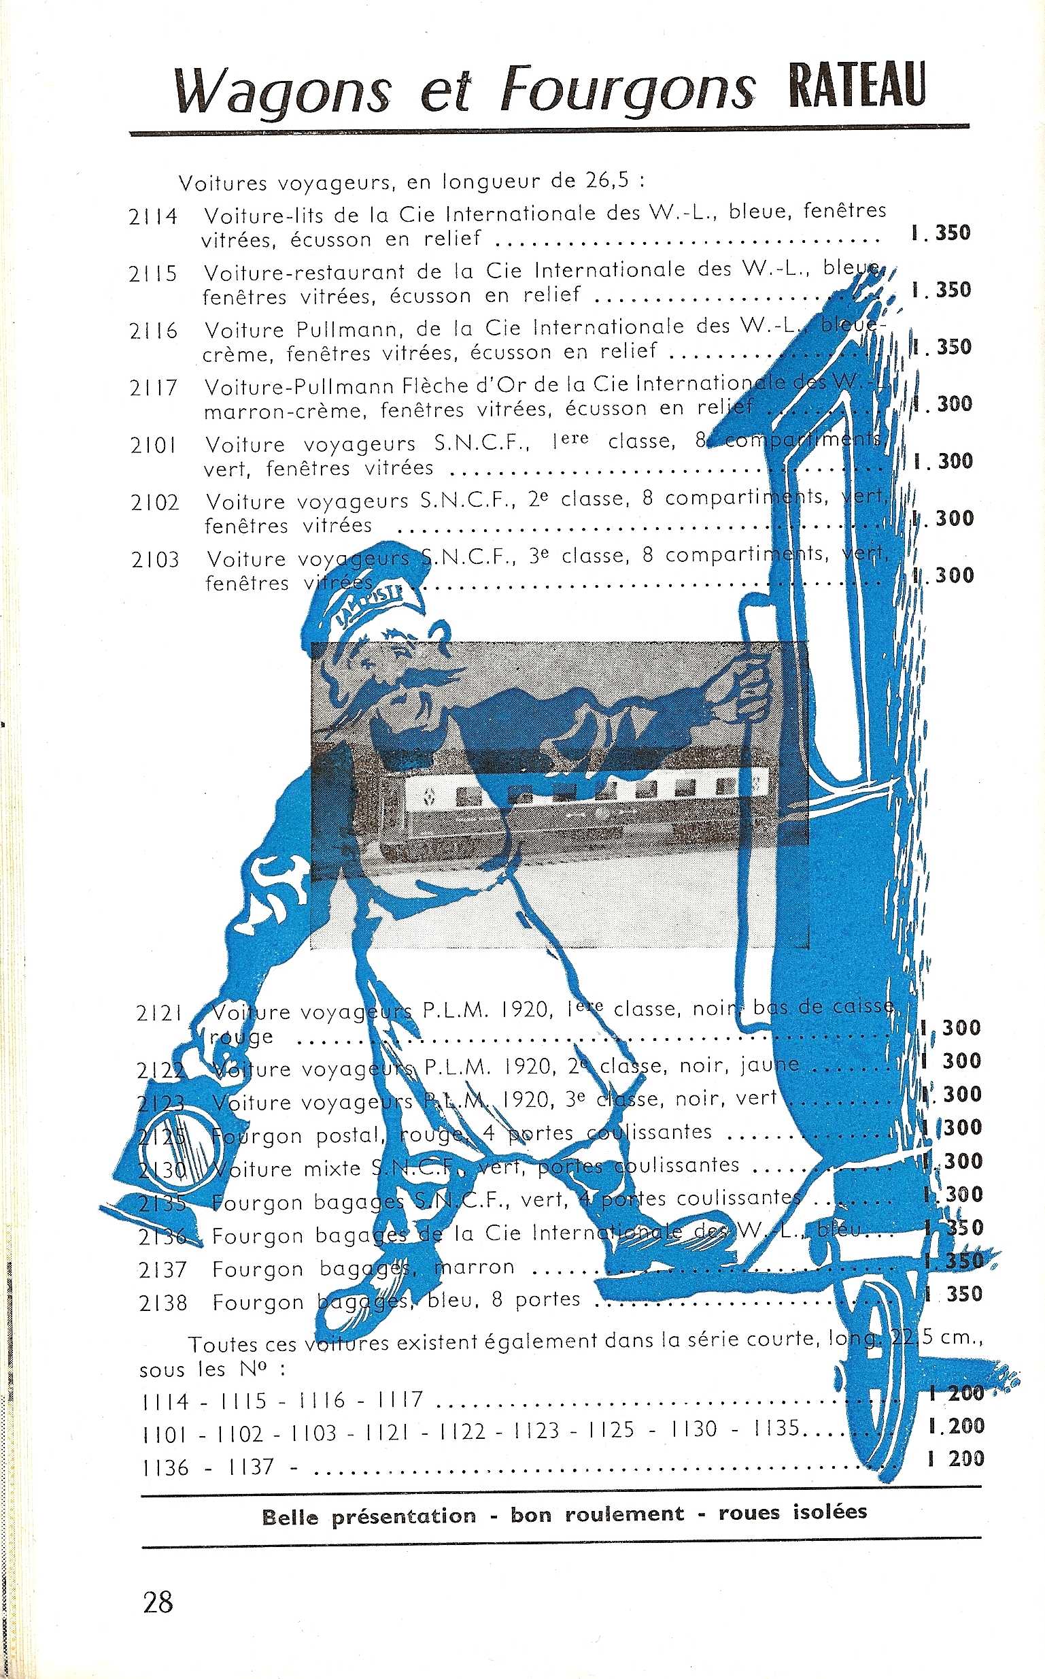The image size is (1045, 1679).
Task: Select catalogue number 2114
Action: coord(152,217)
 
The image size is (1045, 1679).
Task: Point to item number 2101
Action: coord(154,446)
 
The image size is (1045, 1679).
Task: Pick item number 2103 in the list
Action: coord(155,559)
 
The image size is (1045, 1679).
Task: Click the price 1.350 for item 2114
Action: coord(941,233)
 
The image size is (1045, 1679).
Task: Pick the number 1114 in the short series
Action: coord(165,1401)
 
